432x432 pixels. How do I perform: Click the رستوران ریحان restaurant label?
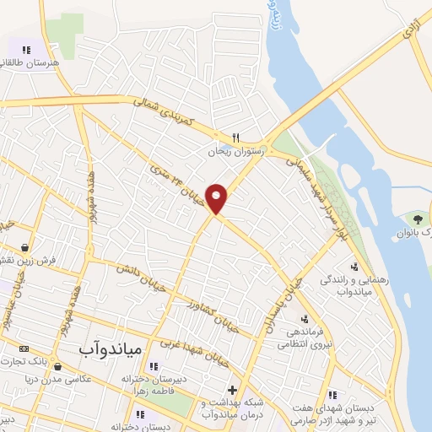click(x=238, y=152)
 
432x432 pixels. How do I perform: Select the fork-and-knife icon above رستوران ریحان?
click(x=238, y=138)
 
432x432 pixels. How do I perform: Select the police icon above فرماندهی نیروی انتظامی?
click(x=305, y=319)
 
